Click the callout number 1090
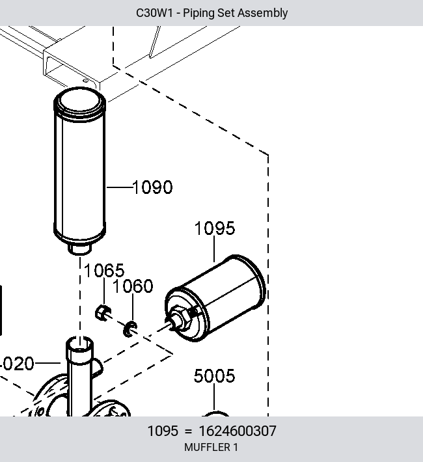[153, 187]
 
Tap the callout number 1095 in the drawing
[215, 228]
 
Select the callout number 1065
[104, 271]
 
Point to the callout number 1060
[133, 286]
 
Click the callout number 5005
[214, 376]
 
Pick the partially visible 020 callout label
[17, 364]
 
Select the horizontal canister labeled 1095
[215, 298]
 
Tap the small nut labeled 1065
[103, 313]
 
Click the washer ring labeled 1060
[130, 329]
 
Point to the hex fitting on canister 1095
[183, 319]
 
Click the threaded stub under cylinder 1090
[79, 249]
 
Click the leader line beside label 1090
[119, 187]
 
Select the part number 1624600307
[238, 431]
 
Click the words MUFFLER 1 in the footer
[211, 447]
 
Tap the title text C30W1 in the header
[154, 13]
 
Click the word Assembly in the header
[262, 13]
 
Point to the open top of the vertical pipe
[79, 344]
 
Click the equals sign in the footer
[188, 431]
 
